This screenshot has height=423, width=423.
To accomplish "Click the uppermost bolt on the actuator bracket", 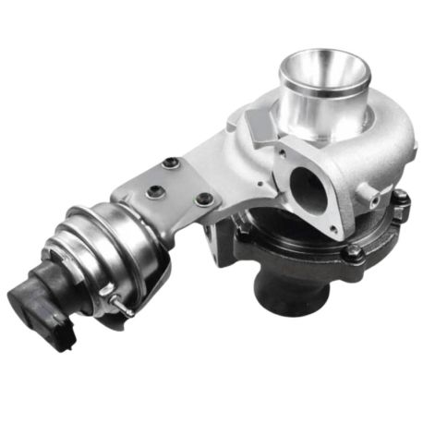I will click(x=168, y=164).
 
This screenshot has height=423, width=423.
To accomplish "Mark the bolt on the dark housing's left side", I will click(x=242, y=243).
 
